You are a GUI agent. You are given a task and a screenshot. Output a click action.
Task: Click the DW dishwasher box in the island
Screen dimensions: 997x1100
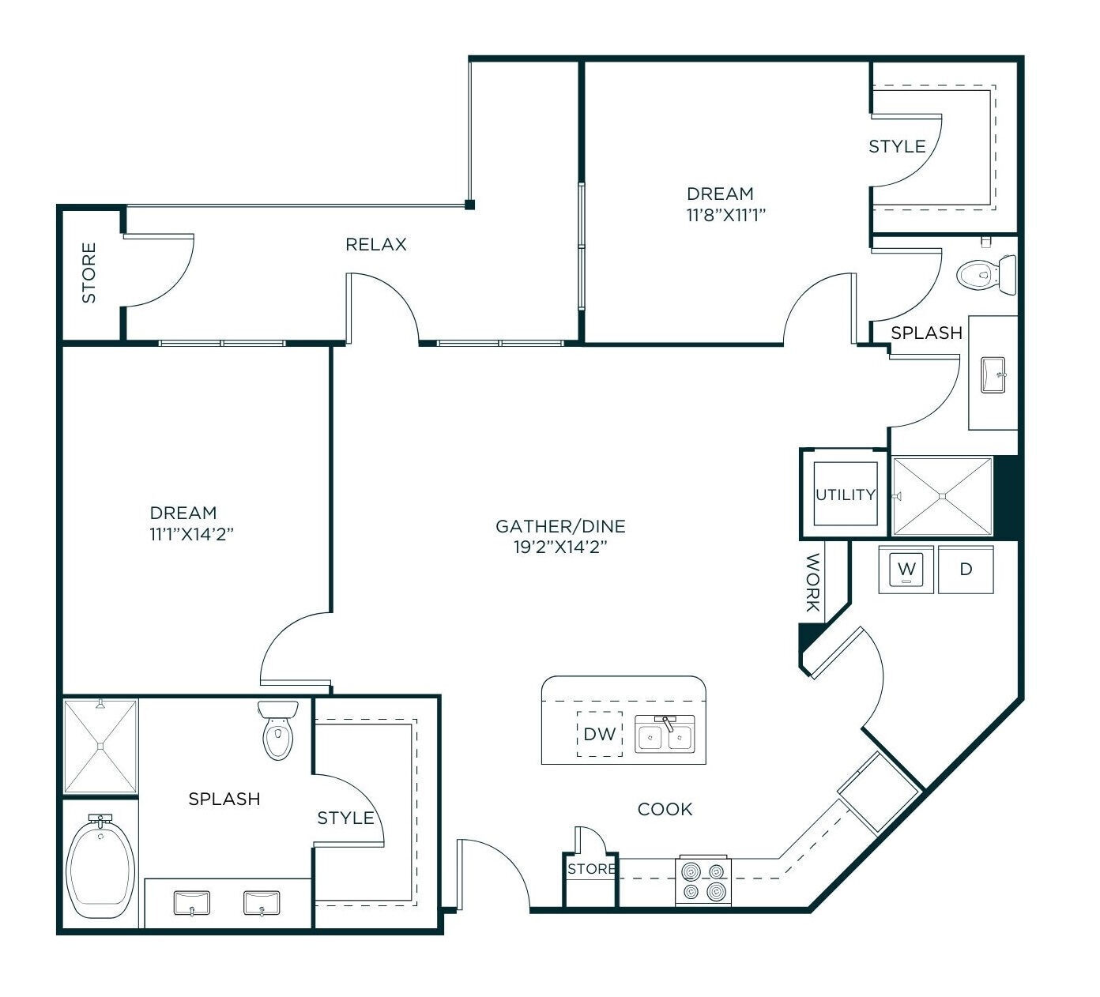[599, 734]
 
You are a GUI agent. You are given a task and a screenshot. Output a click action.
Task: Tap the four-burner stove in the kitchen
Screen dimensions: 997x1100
[703, 881]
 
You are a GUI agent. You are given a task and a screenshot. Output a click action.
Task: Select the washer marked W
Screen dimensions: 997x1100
[906, 569]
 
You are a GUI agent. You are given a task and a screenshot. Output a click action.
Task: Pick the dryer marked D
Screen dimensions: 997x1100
[966, 569]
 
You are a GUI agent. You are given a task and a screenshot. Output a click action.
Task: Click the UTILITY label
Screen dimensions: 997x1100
[845, 495]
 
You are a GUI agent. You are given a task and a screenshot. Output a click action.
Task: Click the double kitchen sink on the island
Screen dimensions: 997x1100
[665, 734]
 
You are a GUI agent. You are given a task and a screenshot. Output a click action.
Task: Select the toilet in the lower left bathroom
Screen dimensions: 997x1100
[277, 730]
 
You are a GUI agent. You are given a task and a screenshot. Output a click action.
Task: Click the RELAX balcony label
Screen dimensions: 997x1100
[376, 245]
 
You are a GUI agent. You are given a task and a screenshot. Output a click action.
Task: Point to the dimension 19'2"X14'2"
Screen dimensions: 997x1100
[560, 547]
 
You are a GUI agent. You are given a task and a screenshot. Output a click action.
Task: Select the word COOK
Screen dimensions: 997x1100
[665, 809]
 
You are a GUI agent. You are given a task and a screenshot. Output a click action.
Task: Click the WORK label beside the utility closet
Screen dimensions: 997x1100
[812, 583]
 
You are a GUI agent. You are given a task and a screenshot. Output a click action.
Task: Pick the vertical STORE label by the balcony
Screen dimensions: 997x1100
[89, 273]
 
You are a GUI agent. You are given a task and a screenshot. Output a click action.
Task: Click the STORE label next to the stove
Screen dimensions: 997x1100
[591, 869]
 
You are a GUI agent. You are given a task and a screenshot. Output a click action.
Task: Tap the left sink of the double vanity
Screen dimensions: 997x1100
[191, 902]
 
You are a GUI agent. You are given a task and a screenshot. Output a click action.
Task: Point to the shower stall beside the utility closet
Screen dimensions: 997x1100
[941, 496]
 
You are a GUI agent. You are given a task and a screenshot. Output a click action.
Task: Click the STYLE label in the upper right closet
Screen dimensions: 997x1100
[897, 147]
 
